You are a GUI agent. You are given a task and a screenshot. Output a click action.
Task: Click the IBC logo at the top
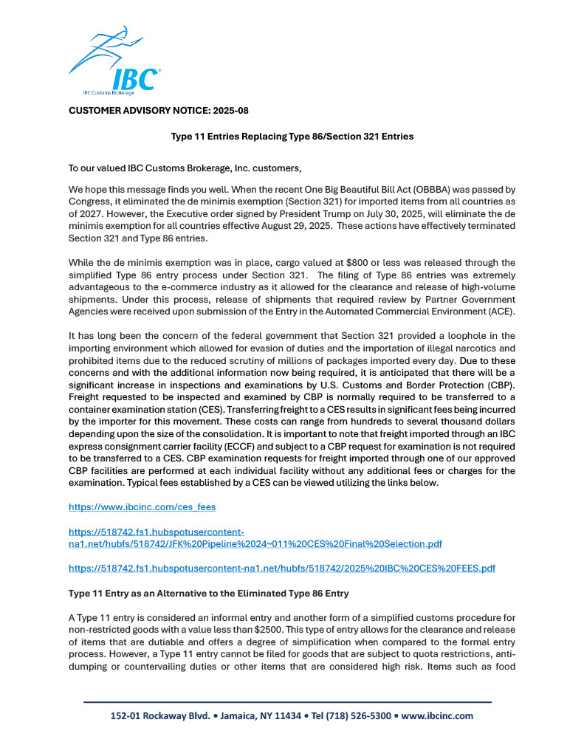coord(114,63)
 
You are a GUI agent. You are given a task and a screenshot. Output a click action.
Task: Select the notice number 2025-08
coord(230,110)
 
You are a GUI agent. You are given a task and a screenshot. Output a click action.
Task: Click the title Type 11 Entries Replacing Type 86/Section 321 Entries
coord(292,137)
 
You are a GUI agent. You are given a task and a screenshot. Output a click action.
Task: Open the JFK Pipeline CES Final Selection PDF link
coord(255,543)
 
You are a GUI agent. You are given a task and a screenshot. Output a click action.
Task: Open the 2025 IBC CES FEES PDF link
coord(281,568)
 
